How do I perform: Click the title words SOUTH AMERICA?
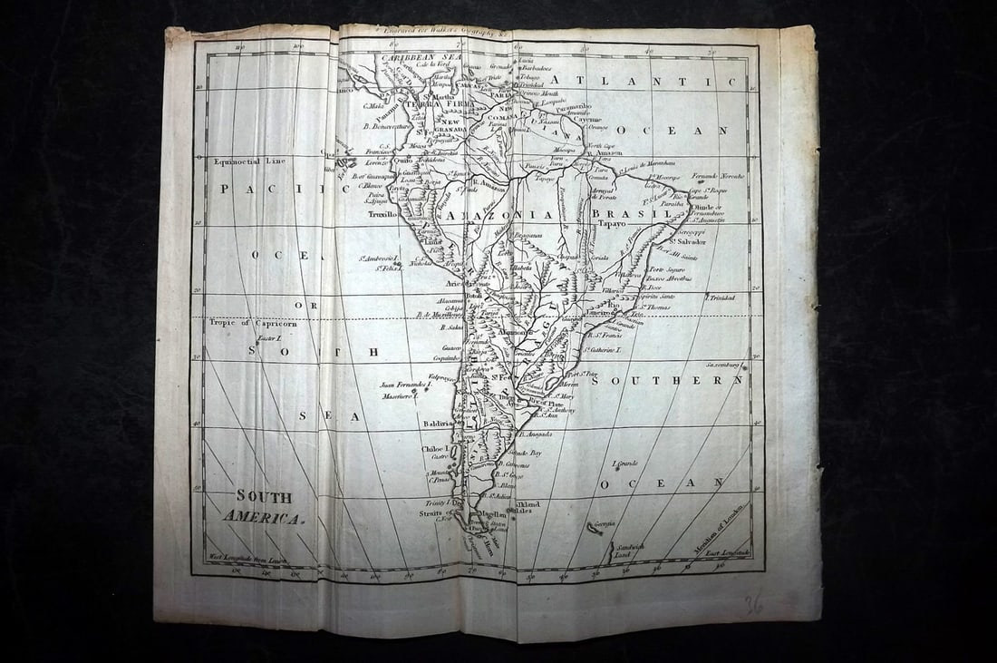264,507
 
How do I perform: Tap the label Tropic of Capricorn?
247,322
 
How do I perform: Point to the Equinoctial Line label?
249,161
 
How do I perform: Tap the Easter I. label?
269,338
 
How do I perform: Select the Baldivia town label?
437,424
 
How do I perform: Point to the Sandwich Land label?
628,550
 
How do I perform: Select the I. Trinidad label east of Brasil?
720,297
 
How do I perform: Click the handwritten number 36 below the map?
752,603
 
